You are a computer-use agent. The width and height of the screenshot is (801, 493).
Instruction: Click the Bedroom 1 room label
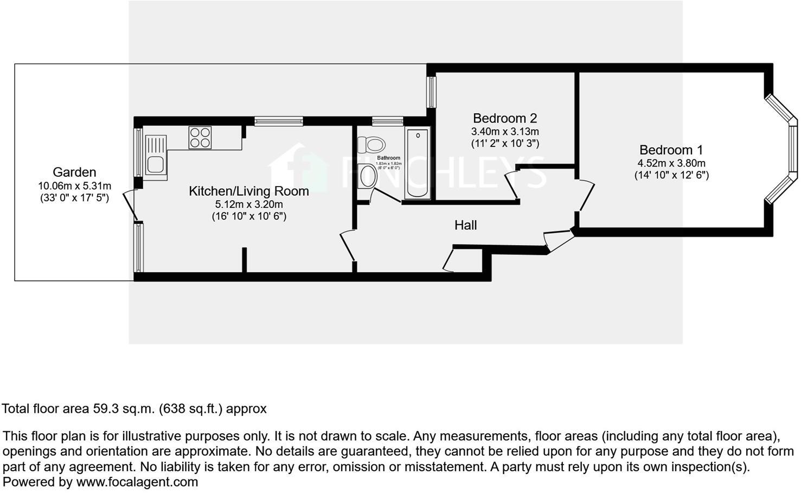coord(666,150)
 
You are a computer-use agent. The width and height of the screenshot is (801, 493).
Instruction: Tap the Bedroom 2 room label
coord(504,118)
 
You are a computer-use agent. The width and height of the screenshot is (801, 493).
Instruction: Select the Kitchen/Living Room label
coord(248,191)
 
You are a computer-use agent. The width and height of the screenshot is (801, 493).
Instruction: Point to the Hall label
coord(465,225)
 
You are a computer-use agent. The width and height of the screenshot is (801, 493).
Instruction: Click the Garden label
coord(74,172)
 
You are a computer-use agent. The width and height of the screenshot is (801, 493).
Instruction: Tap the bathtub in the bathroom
coord(417,163)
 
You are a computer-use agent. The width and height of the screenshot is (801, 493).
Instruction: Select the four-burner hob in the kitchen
coord(200,137)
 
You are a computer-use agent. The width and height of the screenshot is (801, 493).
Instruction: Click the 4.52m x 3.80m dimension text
coord(671,163)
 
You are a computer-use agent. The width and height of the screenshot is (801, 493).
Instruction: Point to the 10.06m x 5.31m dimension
coord(74,186)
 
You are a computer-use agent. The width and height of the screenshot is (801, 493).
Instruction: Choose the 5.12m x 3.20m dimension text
coord(249,204)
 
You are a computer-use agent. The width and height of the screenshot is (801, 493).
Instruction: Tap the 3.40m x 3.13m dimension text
coord(504,131)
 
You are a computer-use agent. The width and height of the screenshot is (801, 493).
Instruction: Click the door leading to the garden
coord(129,206)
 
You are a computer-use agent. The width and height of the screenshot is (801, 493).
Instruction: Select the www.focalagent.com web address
coord(137,482)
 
